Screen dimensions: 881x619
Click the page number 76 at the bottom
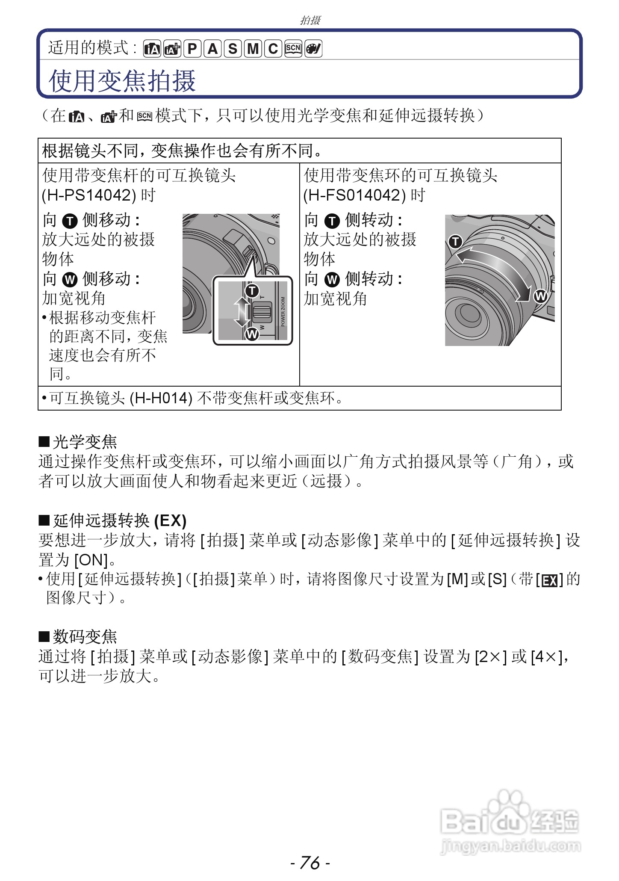tap(310, 862)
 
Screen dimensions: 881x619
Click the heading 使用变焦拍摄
tap(122, 81)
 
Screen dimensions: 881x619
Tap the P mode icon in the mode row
tap(192, 49)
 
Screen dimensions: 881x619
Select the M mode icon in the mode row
tap(253, 49)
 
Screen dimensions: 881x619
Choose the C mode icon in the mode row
tap(273, 49)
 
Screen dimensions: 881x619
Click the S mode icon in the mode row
tap(233, 49)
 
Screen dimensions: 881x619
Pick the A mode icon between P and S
tap(212, 49)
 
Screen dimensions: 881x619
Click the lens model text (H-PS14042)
tap(89, 195)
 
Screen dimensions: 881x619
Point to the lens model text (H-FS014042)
tap(354, 195)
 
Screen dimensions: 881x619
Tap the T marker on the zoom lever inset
tap(252, 291)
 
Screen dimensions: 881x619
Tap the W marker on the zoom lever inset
tap(252, 334)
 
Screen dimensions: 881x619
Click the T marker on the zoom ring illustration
tap(455, 242)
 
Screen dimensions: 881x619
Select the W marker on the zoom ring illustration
tap(540, 296)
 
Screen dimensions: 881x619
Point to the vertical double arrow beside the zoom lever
tap(242, 312)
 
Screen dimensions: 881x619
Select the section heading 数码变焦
tap(85, 637)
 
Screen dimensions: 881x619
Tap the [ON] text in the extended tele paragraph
tap(91, 560)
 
